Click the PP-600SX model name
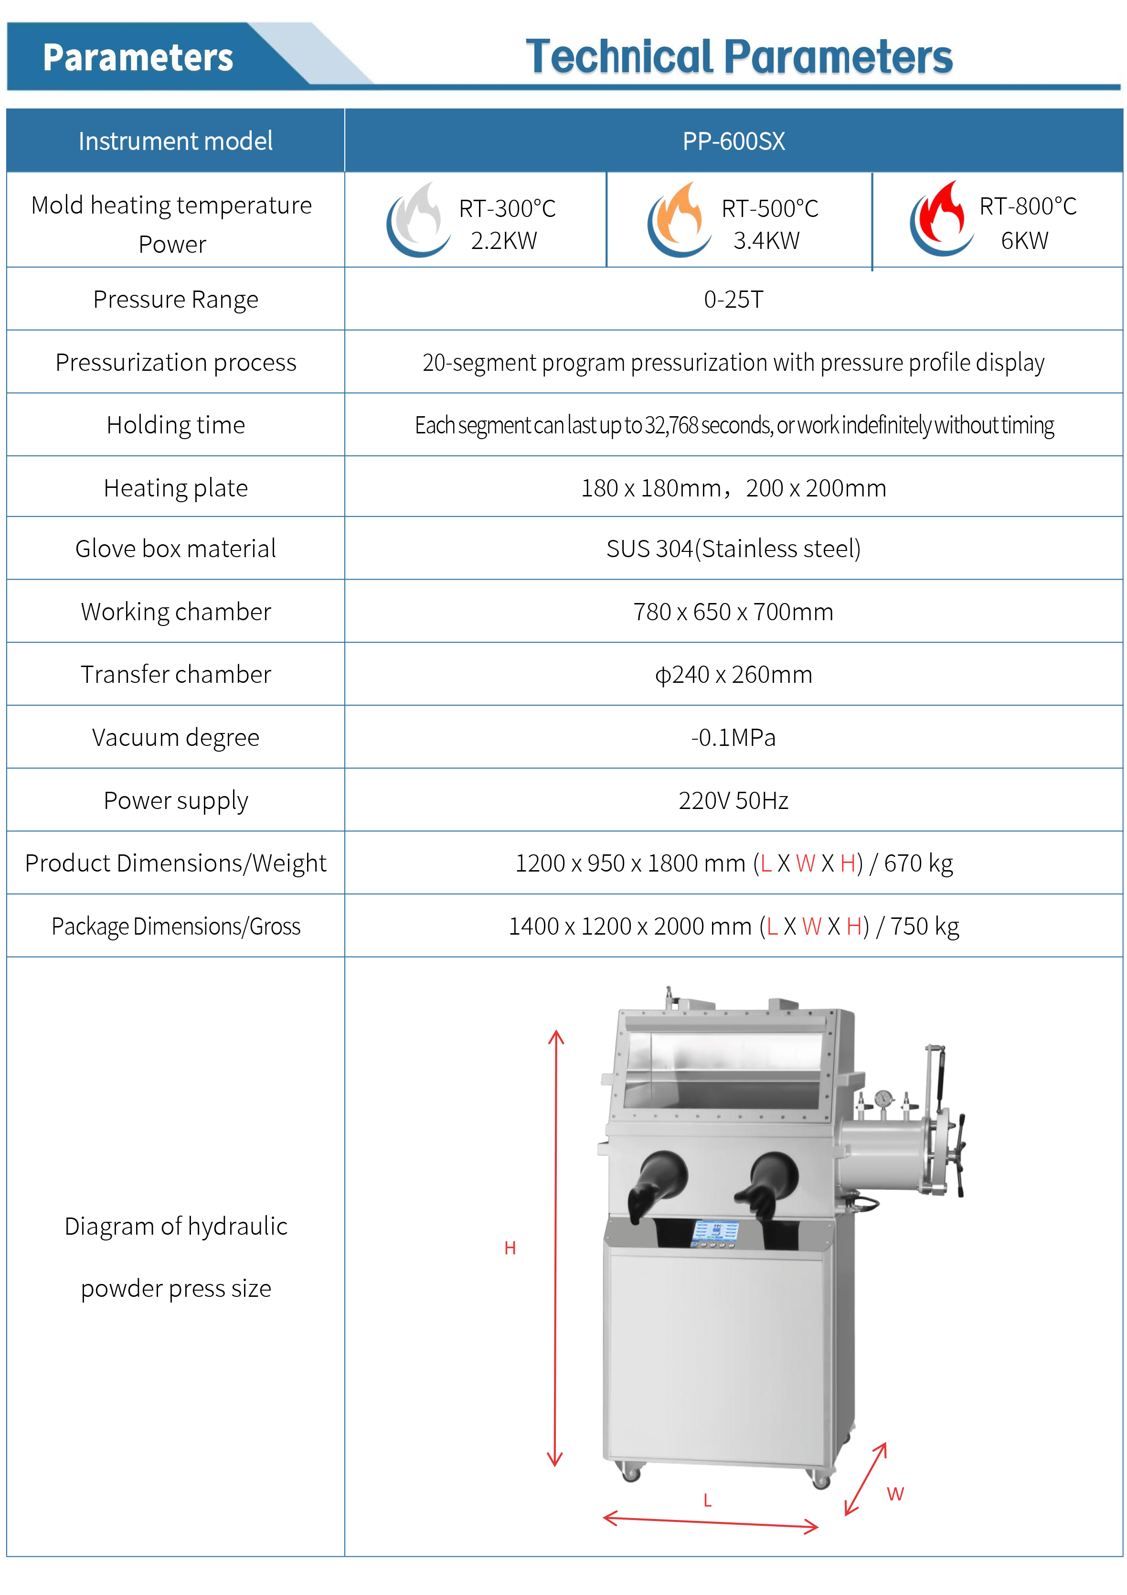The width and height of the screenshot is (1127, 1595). pos(734,141)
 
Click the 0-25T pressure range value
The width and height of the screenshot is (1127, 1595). pos(734,300)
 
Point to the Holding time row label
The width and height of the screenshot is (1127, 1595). pos(176,424)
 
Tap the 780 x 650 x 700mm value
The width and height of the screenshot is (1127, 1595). pos(734,611)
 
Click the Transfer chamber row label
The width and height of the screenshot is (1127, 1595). pos(176,674)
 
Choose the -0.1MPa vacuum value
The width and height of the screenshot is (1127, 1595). pos(734,737)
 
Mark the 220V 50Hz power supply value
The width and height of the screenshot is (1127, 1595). pos(734,800)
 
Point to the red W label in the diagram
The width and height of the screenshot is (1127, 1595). pos(895,1494)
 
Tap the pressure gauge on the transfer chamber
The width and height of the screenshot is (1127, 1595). pos(883,1099)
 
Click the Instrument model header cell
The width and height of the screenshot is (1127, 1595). pos(176,141)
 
